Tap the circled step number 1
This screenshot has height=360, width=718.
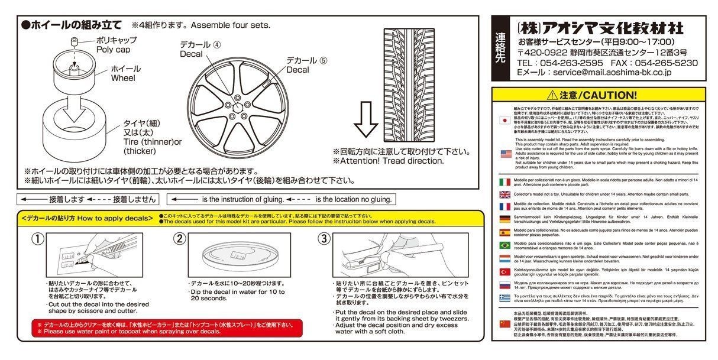(x=37, y=239)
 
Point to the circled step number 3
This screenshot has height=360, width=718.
(x=323, y=239)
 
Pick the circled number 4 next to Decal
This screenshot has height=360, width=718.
(x=217, y=44)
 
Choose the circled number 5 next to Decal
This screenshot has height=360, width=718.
(x=324, y=60)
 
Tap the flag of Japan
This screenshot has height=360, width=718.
(x=504, y=119)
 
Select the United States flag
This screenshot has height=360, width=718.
(x=505, y=154)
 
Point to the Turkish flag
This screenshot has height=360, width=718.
(x=505, y=272)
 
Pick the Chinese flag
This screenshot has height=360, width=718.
(x=505, y=323)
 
